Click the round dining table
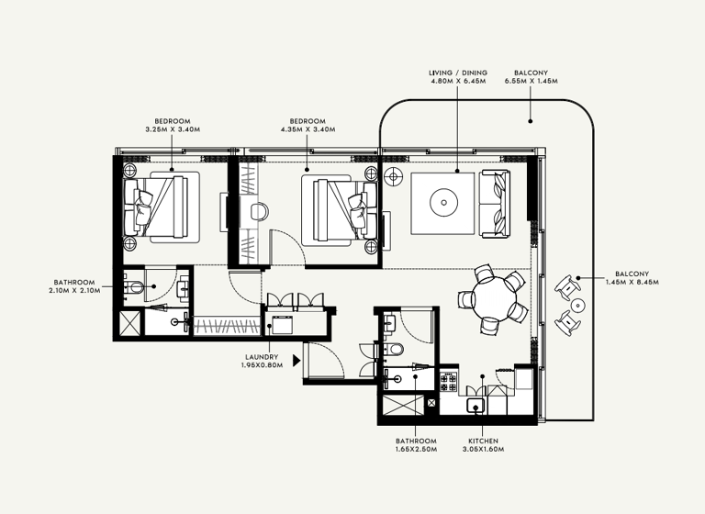click(489, 297)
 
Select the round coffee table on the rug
click(443, 202)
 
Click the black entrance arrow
click(297, 361)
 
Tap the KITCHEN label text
click(483, 441)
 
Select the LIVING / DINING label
click(458, 73)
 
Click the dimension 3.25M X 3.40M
click(172, 129)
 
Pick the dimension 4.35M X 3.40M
click(308, 129)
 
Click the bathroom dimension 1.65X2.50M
click(418, 450)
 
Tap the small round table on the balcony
click(577, 303)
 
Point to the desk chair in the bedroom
click(260, 210)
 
